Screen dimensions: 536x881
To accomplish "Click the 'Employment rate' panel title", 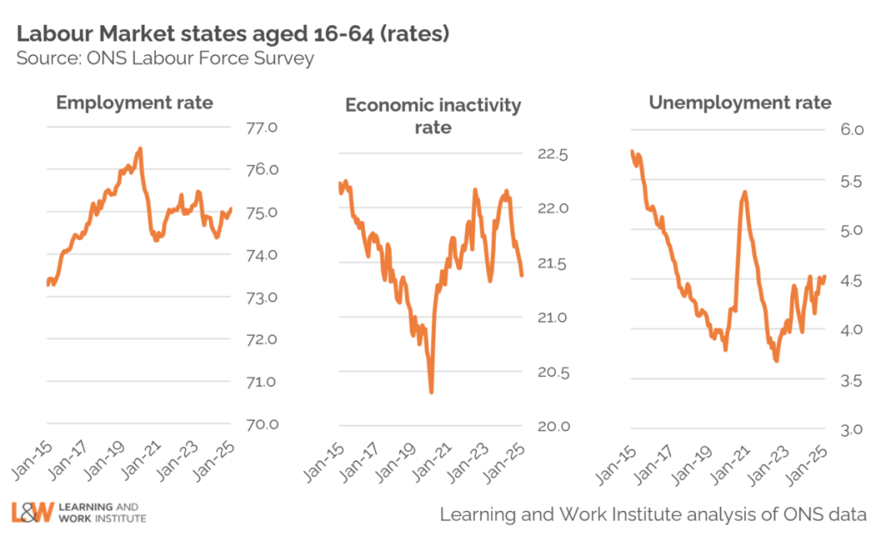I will [x=134, y=103].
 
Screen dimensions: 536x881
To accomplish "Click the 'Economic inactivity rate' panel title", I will [x=433, y=116].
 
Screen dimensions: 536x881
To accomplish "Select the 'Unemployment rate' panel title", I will [x=740, y=103].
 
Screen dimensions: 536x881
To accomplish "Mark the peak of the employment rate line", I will [x=140, y=149].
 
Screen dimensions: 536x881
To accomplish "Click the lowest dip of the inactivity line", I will [x=430, y=391].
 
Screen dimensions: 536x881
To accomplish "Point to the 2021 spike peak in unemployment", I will [x=744, y=193].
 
